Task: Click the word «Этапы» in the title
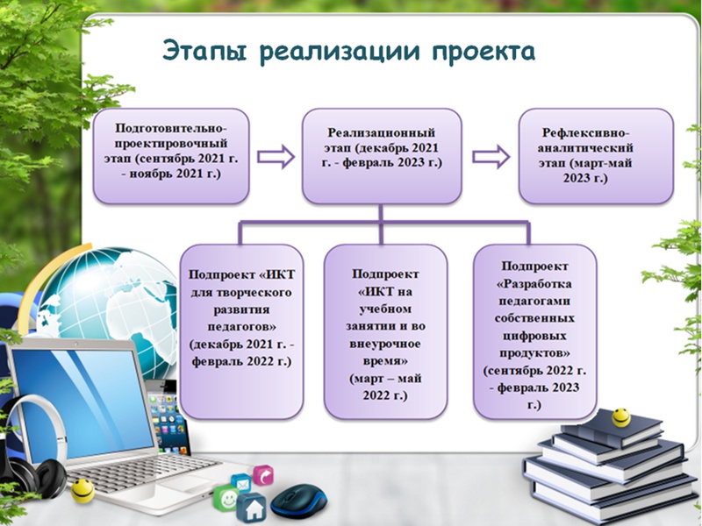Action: [205, 52]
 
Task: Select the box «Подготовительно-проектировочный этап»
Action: [171, 156]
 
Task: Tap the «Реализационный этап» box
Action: [382, 156]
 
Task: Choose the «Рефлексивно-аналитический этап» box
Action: [596, 156]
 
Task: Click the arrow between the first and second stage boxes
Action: [276, 157]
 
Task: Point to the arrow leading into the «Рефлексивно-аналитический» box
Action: [491, 157]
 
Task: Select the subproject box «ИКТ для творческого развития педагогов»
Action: [242, 332]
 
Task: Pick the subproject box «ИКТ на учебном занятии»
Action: [385, 332]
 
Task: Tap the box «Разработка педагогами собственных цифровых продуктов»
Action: [535, 332]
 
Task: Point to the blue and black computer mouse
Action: [298, 501]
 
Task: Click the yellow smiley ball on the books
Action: [621, 417]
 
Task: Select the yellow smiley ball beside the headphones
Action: [82, 491]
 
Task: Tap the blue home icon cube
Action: [252, 508]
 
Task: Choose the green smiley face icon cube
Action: [226, 497]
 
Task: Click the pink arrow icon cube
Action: [263, 475]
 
